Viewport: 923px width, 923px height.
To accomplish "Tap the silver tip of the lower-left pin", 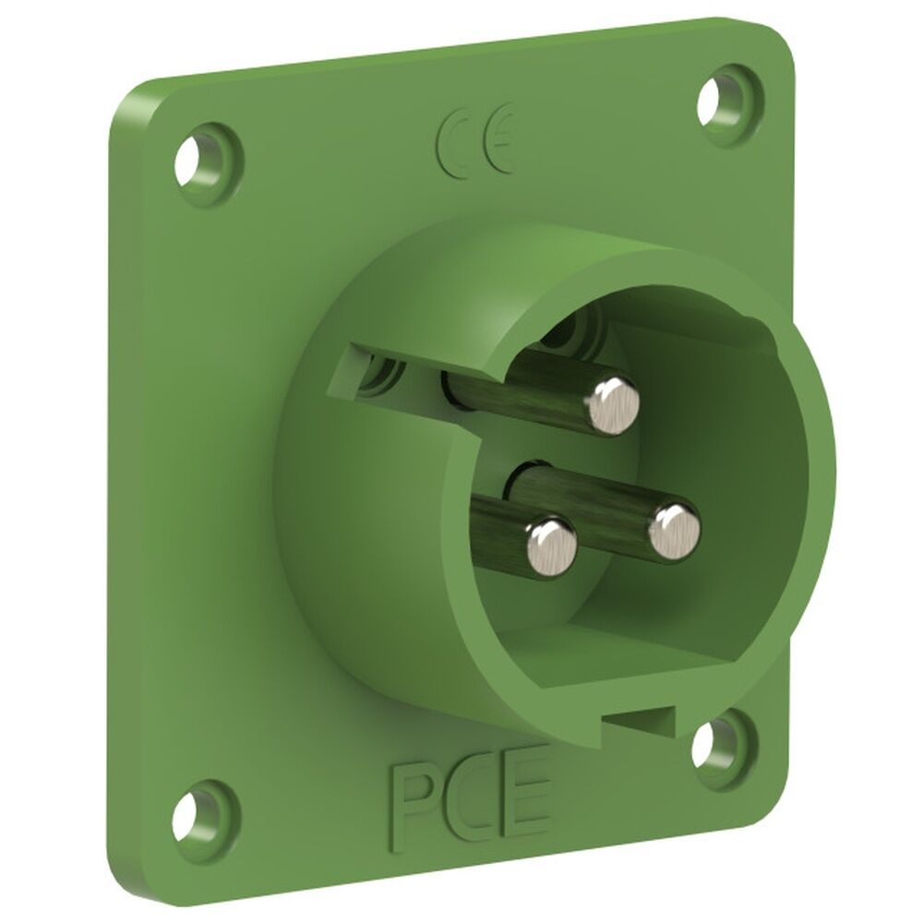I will coord(551,545).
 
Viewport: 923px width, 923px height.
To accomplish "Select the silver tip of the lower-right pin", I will coord(674,531).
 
